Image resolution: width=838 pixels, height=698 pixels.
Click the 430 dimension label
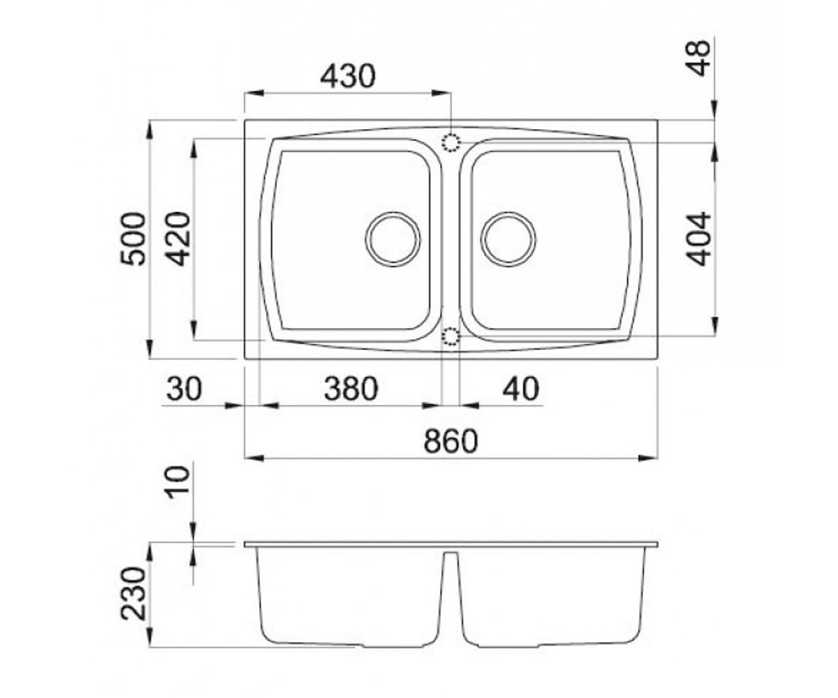[348, 77]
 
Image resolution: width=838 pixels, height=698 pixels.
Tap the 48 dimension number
[699, 59]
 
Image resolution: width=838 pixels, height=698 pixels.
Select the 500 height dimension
[133, 239]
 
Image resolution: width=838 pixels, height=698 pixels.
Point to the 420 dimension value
[178, 239]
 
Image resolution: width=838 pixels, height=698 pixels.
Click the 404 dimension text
[699, 239]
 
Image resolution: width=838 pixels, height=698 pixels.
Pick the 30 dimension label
[184, 388]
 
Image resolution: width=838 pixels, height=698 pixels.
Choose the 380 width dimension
[351, 388]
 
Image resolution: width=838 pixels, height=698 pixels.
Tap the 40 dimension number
[521, 388]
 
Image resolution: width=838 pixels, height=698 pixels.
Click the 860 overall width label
[450, 441]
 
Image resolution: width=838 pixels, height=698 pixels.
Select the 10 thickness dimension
[178, 482]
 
